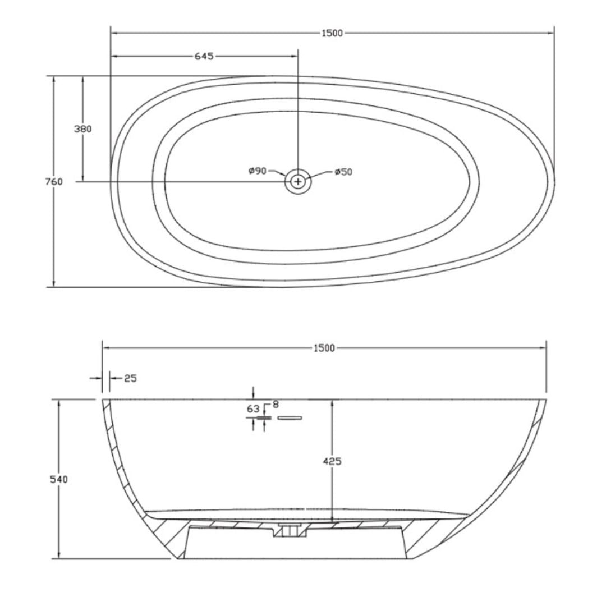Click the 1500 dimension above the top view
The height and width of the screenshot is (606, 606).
tap(332, 33)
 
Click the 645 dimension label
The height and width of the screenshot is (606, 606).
tap(204, 56)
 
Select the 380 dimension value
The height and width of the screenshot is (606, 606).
tap(82, 128)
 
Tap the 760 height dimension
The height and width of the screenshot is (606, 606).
tap(53, 181)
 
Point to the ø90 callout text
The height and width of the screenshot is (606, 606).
tap(258, 171)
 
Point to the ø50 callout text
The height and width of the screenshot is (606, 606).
tap(343, 172)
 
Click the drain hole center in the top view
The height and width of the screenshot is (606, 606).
tap(298, 181)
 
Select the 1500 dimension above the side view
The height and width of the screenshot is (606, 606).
tap(324, 348)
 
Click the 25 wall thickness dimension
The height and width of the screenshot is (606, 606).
tap(130, 378)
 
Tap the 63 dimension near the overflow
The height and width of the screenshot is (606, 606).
tap(253, 409)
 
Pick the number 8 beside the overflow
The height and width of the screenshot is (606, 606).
tap(275, 404)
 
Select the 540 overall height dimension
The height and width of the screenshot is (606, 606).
tap(59, 479)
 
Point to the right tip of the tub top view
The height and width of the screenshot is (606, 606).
tap(554, 178)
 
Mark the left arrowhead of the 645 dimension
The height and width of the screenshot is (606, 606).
tap(114, 56)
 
